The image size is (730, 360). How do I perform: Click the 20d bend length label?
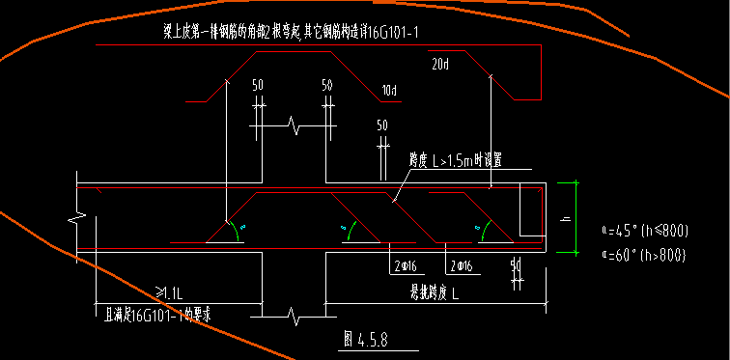coord(440,65)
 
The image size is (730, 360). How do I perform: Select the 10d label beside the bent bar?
coord(389,91)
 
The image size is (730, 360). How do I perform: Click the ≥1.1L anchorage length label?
coord(170,291)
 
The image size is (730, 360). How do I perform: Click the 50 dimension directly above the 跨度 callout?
coord(382,125)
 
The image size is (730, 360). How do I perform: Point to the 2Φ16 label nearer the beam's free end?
coord(460,264)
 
